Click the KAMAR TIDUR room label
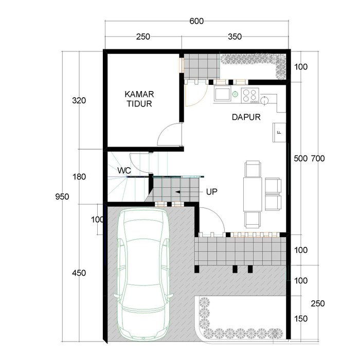(x=139, y=99)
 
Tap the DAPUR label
(x=246, y=117)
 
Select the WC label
(x=124, y=170)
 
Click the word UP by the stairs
(x=211, y=192)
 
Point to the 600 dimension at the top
(x=196, y=21)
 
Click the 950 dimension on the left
(x=62, y=197)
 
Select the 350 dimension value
(x=235, y=37)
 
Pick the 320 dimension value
(x=79, y=100)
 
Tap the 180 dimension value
(x=79, y=177)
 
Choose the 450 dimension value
(x=79, y=273)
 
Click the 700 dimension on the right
(x=318, y=158)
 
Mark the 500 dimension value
(x=300, y=158)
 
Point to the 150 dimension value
(x=301, y=319)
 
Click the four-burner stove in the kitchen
(x=250, y=96)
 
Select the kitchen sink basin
(x=222, y=94)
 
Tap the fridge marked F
(x=279, y=133)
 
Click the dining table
(x=253, y=194)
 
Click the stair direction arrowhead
(x=178, y=192)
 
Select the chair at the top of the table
(x=253, y=169)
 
